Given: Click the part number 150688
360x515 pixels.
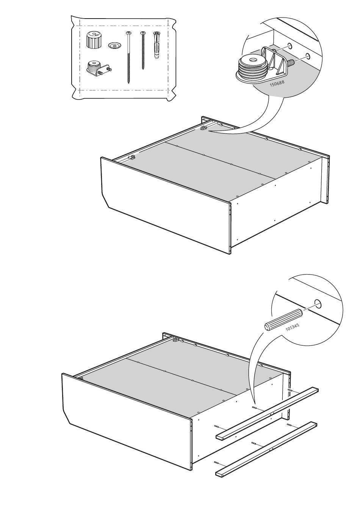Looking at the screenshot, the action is pyautogui.click(x=277, y=83).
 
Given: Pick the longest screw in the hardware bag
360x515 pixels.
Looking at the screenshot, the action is pyautogui.click(x=128, y=57).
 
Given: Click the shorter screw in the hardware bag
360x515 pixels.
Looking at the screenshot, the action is pyautogui.click(x=143, y=50).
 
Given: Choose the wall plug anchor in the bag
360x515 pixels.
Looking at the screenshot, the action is pyautogui.click(x=156, y=45).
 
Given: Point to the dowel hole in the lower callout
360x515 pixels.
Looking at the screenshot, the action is pyautogui.click(x=318, y=304).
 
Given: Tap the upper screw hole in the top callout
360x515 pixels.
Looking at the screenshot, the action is pyautogui.click(x=290, y=45).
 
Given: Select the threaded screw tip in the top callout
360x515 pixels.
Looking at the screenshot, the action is pyautogui.click(x=292, y=63).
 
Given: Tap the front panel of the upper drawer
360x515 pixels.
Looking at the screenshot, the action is pyautogui.click(x=166, y=206).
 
